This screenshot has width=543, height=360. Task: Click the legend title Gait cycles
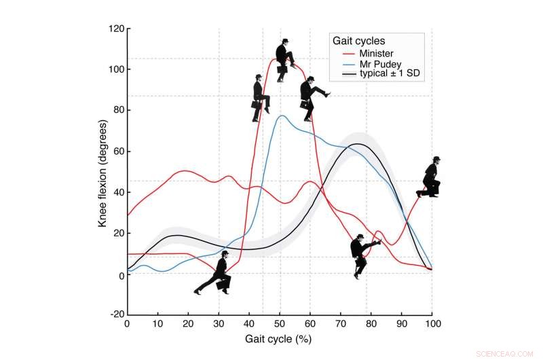coord(358,41)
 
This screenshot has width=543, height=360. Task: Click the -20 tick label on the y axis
coord(114,315)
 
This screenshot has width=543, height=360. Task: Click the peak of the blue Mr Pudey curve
coord(282,115)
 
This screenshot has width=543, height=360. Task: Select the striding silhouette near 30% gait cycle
coord(214,274)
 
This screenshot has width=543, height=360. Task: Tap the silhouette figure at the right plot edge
coord(431,178)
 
